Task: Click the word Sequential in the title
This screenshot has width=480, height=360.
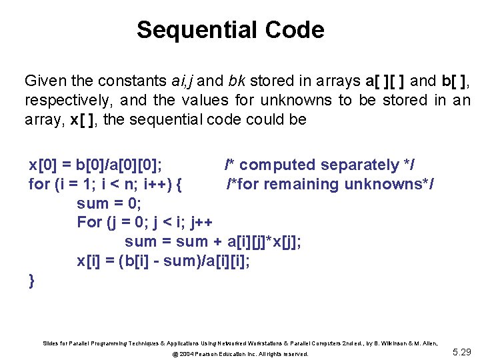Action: coord(197,30)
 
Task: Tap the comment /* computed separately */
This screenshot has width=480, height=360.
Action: coord(320,165)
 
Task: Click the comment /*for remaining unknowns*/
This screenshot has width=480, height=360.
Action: coord(330,184)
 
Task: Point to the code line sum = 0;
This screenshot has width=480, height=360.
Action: coord(109,203)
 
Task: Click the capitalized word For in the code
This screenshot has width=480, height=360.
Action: coord(89,222)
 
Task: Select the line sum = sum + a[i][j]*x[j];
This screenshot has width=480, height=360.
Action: coord(213,241)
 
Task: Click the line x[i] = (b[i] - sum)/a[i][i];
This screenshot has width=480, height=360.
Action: coord(163,261)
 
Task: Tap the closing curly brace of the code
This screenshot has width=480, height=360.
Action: coord(32,280)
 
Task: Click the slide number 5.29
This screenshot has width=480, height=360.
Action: coord(461,351)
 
